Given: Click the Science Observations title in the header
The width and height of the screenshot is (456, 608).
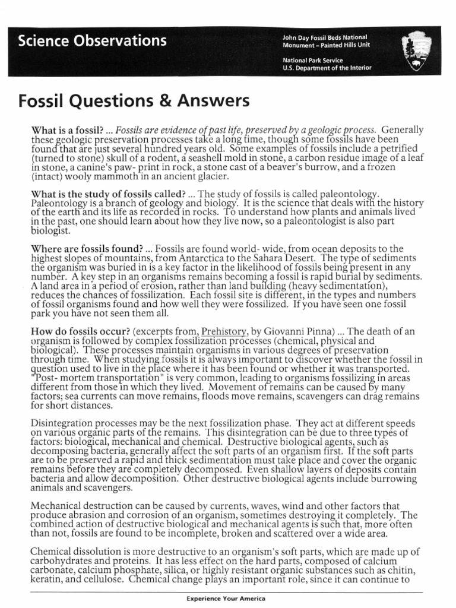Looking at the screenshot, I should click(92, 41).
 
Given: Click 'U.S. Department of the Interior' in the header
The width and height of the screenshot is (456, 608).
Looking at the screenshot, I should click(327, 68).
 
